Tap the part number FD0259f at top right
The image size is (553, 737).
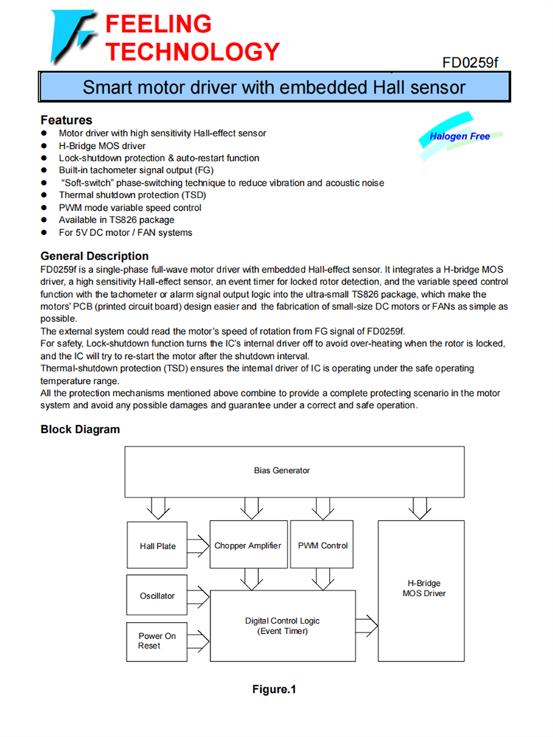point(470,63)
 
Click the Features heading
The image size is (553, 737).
point(66,119)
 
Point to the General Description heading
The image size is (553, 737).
point(94,256)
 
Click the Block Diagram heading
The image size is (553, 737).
point(80,429)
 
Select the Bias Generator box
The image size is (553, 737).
point(282,470)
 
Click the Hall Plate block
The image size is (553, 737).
point(158,546)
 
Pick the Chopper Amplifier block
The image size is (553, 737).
point(248,545)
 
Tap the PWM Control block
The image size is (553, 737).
point(323,545)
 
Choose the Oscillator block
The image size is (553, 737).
point(158,595)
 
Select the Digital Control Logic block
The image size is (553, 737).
point(282,626)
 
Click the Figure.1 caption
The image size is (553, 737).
point(274,690)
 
